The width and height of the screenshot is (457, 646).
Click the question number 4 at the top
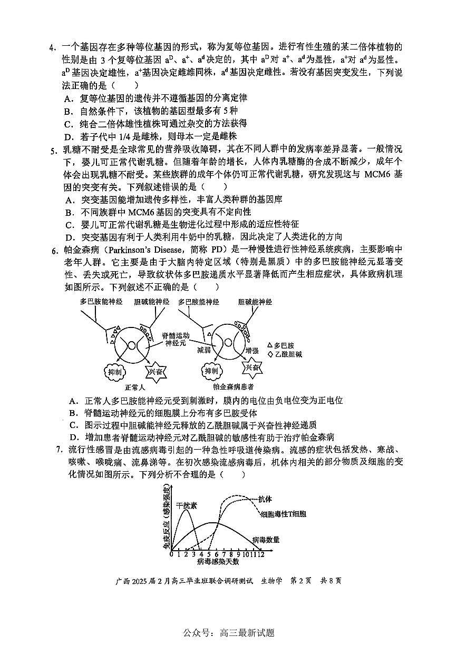coord(52,48)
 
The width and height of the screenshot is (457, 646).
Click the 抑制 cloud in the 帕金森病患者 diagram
coord(211,372)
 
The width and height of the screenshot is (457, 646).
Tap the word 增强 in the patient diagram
coord(252,350)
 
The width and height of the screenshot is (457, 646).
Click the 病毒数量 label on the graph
coord(266,539)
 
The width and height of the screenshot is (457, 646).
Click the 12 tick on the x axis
coord(260,553)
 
